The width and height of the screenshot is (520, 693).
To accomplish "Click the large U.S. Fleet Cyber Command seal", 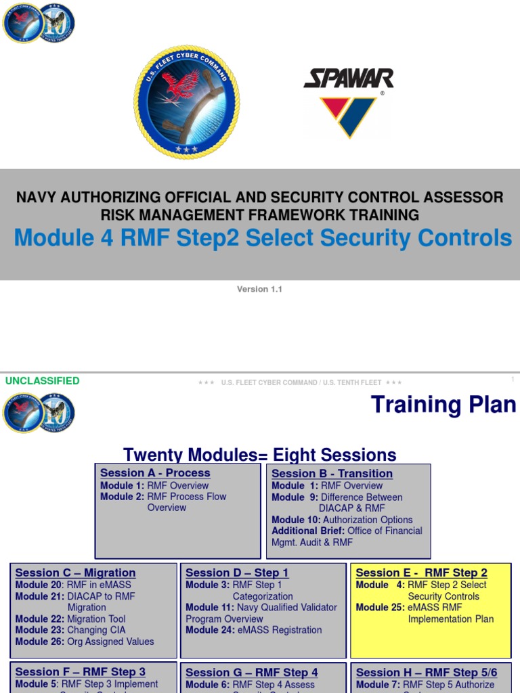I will point(186,102).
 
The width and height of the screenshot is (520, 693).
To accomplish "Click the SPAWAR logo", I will point(348,102).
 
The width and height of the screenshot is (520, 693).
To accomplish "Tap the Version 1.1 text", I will point(259,289).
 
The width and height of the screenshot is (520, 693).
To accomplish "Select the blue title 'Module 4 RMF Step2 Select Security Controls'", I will point(263,238).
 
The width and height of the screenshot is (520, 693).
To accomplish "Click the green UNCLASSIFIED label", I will point(43,381).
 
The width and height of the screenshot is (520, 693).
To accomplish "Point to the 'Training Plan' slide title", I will point(443,405).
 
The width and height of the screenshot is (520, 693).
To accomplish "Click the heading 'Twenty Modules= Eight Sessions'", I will point(260,454).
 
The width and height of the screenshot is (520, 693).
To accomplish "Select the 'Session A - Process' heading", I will point(155,473).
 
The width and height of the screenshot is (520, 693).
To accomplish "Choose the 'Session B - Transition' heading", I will point(332,474).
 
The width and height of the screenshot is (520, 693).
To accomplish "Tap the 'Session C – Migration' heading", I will point(75,573).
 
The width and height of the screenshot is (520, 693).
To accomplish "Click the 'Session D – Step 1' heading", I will point(237,573).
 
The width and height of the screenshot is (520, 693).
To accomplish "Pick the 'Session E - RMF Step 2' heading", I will point(421,573).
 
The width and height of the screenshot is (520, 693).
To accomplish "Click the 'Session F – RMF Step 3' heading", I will point(80,672).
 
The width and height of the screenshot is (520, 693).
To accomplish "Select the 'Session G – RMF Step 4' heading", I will point(251,672).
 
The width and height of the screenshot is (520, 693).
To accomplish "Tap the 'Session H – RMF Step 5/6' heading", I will point(426,672).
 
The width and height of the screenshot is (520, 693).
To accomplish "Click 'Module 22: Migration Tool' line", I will point(70,619).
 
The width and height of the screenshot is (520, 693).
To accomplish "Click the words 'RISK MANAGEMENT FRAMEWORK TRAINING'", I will point(260,215).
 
